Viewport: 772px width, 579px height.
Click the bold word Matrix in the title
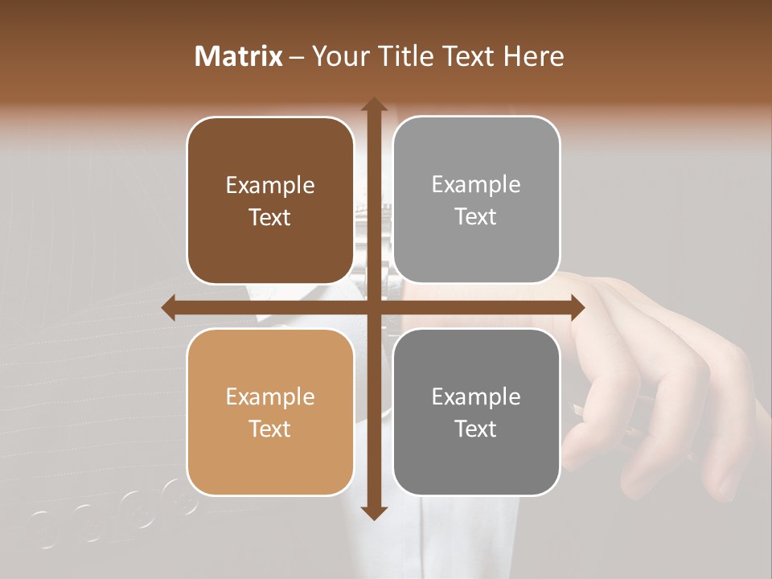pos(239,56)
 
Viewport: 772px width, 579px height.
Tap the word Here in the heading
pos(533,56)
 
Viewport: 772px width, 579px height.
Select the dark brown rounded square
pos(270,200)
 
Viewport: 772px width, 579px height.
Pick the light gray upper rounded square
pos(476,200)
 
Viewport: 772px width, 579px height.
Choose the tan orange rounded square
pos(270,412)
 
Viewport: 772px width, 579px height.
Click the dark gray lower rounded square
pos(476,412)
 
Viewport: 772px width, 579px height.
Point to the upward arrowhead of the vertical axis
pos(373,105)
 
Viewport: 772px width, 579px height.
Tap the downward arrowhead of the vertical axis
pos(373,512)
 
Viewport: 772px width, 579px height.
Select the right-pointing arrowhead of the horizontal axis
pos(577,307)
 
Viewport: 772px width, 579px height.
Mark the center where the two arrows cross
pos(373,307)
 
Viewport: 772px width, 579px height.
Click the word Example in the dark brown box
pos(270,186)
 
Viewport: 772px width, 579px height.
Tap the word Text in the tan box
pos(270,429)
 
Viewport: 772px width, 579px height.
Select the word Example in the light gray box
pos(476,185)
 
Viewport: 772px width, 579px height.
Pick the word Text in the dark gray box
pos(476,429)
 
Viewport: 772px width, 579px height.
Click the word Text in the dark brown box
pos(270,217)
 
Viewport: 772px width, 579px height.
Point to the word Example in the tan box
pos(270,396)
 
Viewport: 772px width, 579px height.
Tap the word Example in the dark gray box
pos(476,396)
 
